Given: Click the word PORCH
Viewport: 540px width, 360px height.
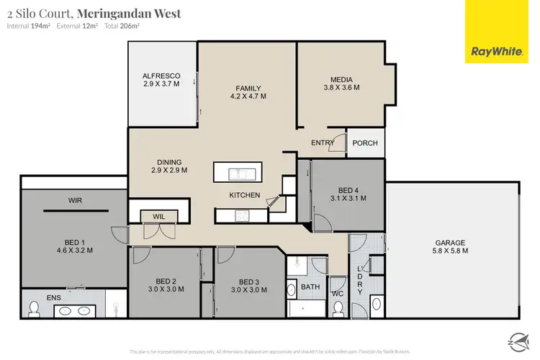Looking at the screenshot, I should click(365, 143).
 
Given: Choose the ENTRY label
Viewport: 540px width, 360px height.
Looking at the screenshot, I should click(323, 143).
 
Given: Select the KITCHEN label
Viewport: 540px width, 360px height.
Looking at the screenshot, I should click(245, 195).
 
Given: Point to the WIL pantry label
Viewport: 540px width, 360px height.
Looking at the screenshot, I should click(159, 215).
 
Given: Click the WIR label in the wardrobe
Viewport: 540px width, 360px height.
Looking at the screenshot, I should click(77, 199).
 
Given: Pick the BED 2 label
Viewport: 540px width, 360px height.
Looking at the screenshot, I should click(166, 281).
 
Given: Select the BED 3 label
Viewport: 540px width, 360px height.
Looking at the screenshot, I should click(248, 281).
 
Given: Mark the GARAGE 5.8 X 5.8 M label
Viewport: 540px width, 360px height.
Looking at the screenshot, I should click(451, 247).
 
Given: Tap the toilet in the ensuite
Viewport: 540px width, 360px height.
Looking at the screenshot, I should click(32, 308).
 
